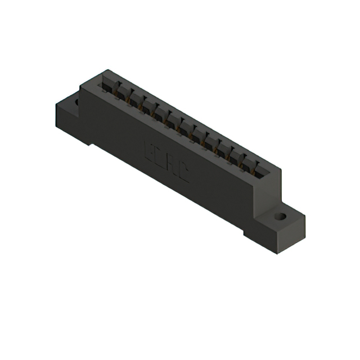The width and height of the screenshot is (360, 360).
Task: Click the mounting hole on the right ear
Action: pyautogui.click(x=280, y=215)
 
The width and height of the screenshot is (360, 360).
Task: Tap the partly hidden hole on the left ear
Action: pyautogui.click(x=74, y=103)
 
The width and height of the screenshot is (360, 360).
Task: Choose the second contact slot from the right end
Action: pyautogui.click(x=246, y=162)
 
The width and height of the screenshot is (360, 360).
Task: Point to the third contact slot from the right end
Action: pyautogui.click(x=232, y=155)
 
